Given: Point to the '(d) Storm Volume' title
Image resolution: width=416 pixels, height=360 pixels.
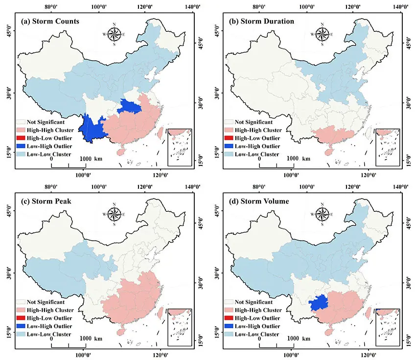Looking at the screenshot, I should tap(255, 202).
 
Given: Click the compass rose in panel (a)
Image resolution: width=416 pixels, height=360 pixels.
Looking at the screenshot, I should tap(115, 34).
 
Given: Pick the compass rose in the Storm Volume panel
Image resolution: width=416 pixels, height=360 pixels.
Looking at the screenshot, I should tap(323, 214).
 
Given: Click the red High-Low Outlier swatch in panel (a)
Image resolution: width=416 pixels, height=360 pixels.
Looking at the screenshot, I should tap(21, 138).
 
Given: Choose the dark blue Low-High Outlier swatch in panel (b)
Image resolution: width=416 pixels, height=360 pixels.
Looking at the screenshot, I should tap(229, 146).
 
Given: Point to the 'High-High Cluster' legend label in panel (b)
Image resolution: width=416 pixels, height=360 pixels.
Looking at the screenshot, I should tap(258, 130).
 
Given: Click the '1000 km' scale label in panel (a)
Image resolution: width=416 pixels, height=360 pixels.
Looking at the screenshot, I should tap(92, 158).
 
